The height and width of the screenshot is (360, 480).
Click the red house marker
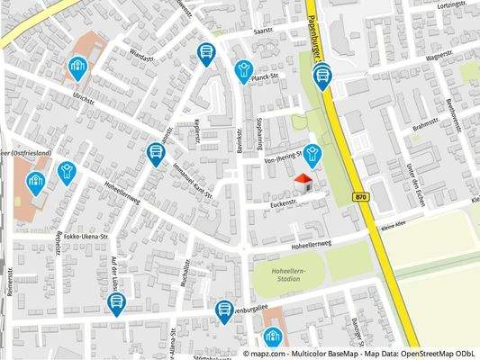pyautogui.click(x=303, y=184)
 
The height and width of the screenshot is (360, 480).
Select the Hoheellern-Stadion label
pyautogui.click(x=288, y=273)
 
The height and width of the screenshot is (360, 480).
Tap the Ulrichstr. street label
pyautogui.click(x=84, y=99)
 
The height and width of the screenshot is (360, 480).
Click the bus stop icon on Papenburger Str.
pyautogui.click(x=322, y=76)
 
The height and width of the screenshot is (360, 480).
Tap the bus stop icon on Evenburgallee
pyautogui.click(x=224, y=310)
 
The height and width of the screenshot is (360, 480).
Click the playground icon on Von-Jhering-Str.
pyautogui.click(x=312, y=154)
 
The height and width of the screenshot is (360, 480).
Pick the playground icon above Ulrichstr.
pyautogui.click(x=77, y=66)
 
